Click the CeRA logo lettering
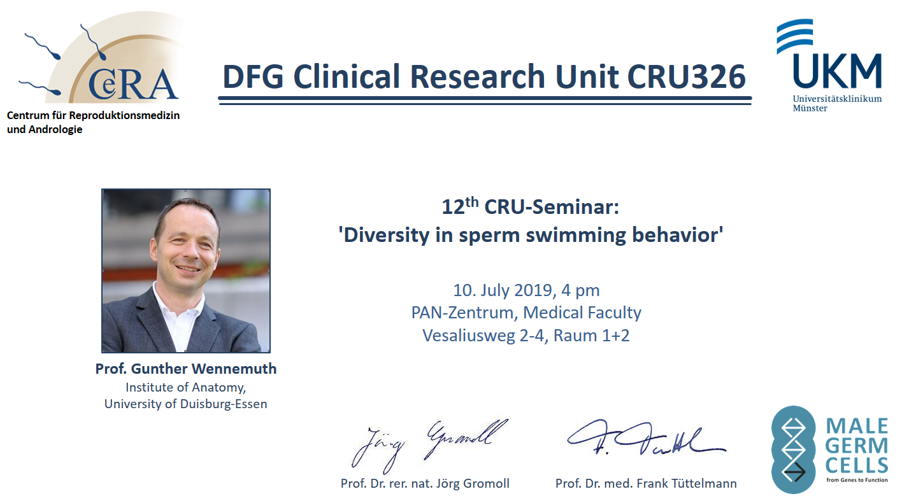pos(133,85)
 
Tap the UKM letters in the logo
pos(837,71)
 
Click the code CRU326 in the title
pos(686,76)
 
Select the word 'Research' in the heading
pos(478,76)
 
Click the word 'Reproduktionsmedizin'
pos(124,116)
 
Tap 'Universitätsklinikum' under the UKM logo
pos(837,99)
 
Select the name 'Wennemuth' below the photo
pos(234,369)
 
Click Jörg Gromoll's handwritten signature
pos(430,446)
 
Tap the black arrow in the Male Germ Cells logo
pos(794,472)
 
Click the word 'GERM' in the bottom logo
pos(857,446)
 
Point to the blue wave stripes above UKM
pos(794,36)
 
